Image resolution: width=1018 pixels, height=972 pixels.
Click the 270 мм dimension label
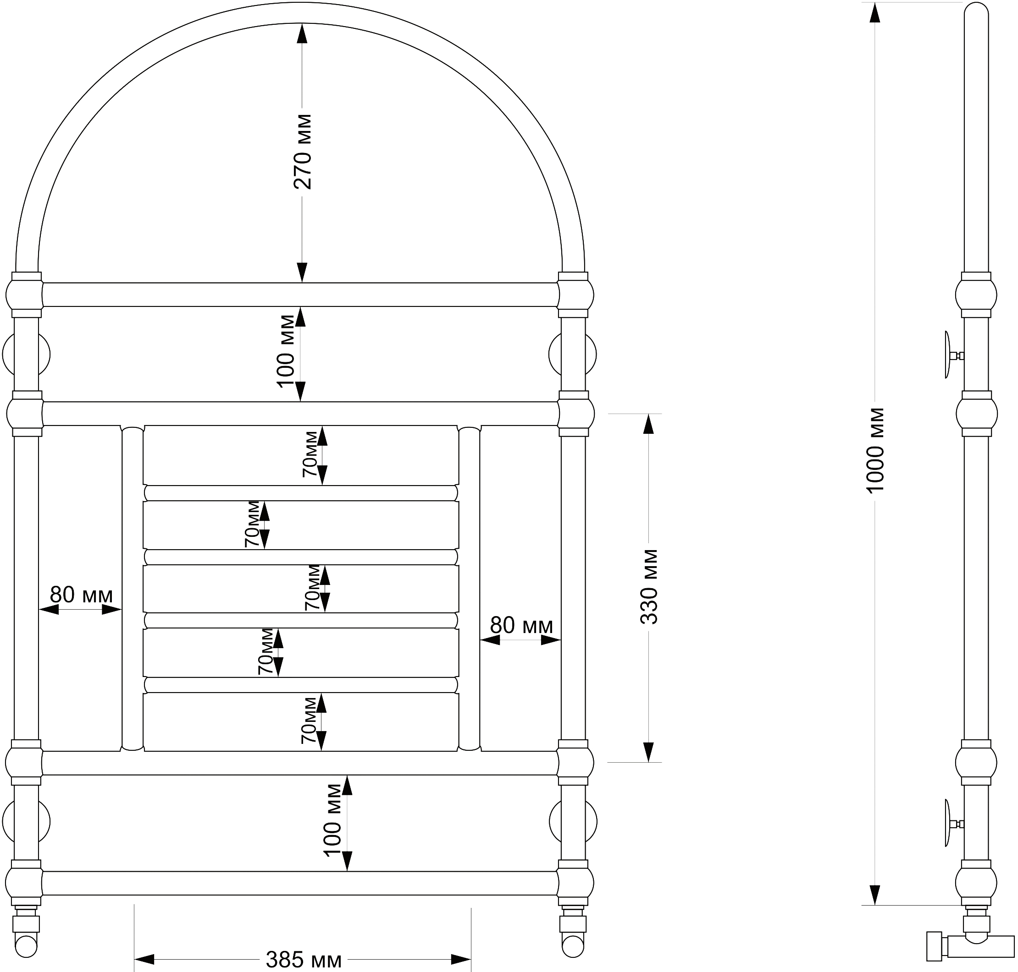pyautogui.click(x=303, y=152)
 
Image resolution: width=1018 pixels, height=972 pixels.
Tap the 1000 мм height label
pyautogui.click(x=875, y=450)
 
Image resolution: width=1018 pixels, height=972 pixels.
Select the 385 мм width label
pyautogui.click(x=304, y=960)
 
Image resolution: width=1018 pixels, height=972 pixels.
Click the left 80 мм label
pyautogui.click(x=82, y=595)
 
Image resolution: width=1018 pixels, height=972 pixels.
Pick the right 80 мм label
pyautogui.click(x=522, y=625)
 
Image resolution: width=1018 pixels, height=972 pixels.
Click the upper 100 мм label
pyautogui.click(x=286, y=351)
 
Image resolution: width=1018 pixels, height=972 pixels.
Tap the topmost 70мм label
pyautogui.click(x=310, y=454)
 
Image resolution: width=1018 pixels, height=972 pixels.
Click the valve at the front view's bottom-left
pyautogui.click(x=26, y=931)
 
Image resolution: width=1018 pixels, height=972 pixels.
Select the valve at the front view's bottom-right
pyautogui.click(x=573, y=931)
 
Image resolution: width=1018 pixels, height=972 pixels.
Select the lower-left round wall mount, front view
pyautogui.click(x=26, y=821)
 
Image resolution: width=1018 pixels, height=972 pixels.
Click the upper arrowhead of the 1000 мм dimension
pyautogui.click(x=875, y=12)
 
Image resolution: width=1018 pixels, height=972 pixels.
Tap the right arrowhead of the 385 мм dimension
pyautogui.click(x=461, y=960)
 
